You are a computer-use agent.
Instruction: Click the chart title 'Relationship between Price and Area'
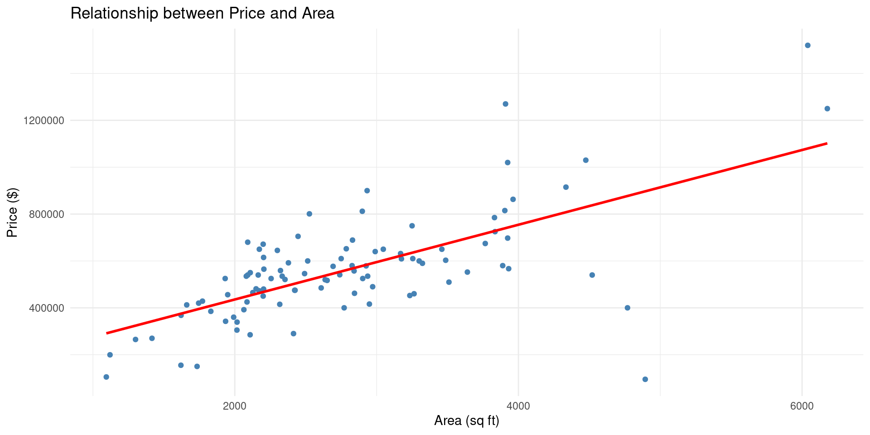pos(202,14)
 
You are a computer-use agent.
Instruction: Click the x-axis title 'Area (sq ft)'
pos(466,421)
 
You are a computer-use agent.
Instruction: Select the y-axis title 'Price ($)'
pos(12,213)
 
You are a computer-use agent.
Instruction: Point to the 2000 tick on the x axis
pos(235,406)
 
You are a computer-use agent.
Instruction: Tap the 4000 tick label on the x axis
pos(518,406)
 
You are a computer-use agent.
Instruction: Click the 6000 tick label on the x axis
pos(802,406)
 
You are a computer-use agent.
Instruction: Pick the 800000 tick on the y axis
pos(43,214)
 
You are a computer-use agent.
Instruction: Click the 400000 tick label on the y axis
pos(43,308)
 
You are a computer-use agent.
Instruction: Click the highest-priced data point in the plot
pos(807,45)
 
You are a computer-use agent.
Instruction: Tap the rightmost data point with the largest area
pos(827,109)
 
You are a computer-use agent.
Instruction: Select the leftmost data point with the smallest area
pos(106,377)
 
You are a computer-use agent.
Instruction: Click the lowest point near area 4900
pos(645,379)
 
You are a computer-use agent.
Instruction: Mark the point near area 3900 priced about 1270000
pos(505,104)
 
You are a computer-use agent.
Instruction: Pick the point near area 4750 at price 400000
pos(627,308)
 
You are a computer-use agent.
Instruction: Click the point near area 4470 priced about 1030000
pos(585,160)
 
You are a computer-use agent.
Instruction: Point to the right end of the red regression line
pos(827,143)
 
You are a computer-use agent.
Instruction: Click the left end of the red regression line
pos(107,333)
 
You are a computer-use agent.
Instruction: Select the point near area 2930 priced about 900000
pos(367,191)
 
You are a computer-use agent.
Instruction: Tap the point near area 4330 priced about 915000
pos(565,187)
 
